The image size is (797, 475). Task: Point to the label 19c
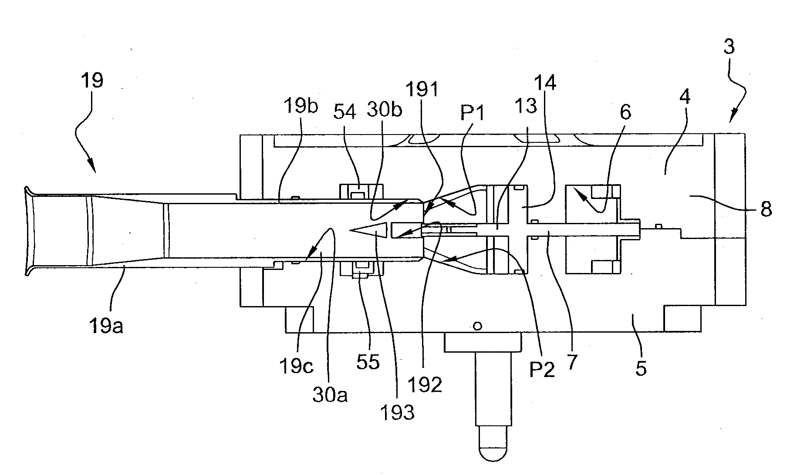pos(296,367)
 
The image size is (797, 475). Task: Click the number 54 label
pos(345,112)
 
